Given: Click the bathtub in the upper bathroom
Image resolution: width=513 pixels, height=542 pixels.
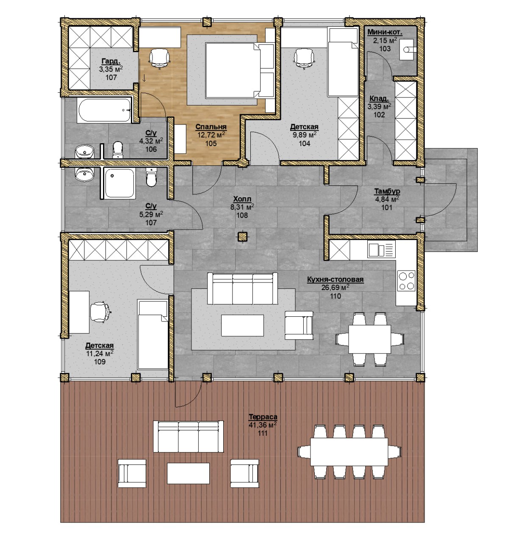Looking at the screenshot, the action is click(x=104, y=110).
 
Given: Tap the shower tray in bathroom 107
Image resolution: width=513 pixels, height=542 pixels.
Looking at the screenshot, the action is click(x=119, y=183).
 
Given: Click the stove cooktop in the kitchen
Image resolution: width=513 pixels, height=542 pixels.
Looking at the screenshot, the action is click(x=406, y=280).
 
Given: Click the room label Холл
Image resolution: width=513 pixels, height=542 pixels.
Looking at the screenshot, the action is click(x=242, y=199).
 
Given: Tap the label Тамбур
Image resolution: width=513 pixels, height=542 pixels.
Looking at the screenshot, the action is click(x=387, y=191).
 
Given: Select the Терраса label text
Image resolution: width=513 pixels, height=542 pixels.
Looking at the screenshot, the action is click(x=263, y=417).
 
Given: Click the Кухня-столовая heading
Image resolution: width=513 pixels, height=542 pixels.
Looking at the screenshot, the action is click(x=335, y=279).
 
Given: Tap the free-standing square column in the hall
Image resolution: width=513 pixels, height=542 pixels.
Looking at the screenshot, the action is click(x=242, y=236).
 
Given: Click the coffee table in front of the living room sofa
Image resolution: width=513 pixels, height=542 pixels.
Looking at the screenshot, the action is click(x=242, y=325).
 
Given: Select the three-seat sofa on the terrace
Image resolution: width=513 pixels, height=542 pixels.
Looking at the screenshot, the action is click(x=189, y=437).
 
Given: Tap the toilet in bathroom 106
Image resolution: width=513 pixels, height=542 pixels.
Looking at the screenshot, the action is click(x=117, y=150).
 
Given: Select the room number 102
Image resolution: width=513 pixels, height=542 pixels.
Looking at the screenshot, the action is click(x=379, y=114).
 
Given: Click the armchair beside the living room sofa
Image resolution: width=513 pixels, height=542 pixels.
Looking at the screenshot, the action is click(x=299, y=325).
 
